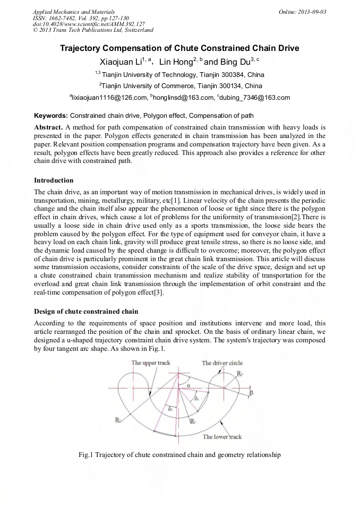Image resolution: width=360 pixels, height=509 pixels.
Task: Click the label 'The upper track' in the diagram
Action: click(x=151, y=363)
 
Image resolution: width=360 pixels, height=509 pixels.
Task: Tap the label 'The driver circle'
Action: click(x=222, y=363)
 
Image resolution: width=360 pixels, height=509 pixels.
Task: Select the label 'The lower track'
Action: click(x=222, y=437)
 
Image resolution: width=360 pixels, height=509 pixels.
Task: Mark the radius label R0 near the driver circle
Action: click(x=240, y=374)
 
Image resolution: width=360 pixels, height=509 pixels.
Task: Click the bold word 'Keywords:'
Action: click(x=51, y=116)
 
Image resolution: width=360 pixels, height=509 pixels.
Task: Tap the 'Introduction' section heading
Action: click(x=54, y=180)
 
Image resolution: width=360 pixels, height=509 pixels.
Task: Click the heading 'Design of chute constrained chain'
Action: click(x=86, y=311)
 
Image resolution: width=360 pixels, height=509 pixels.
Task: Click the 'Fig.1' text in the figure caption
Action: click(x=85, y=455)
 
